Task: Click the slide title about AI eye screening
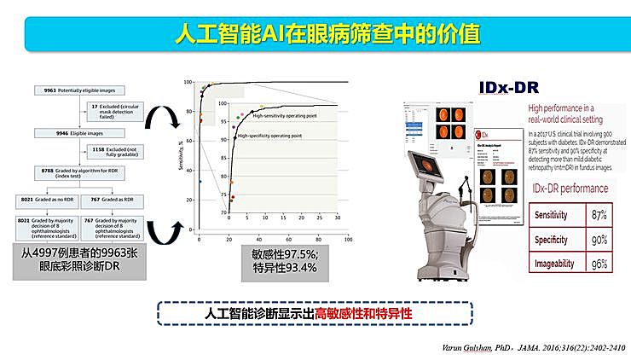pyautogui.click(x=326, y=36)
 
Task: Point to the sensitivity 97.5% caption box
pyautogui.click(x=285, y=260)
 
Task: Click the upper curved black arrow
pyautogui.click(x=159, y=122)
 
